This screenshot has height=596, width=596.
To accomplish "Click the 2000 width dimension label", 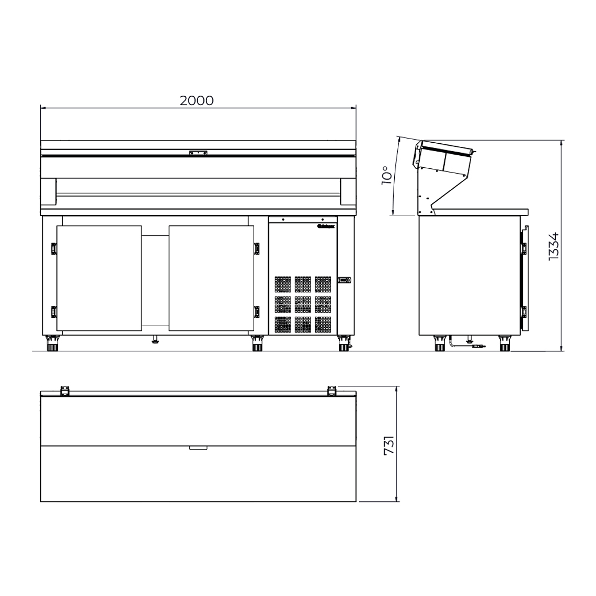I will tap(197, 100).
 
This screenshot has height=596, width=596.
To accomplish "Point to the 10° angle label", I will tap(387, 175).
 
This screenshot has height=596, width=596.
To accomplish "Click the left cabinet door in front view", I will tap(99, 278).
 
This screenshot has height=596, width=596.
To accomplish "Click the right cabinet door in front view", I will tap(211, 278).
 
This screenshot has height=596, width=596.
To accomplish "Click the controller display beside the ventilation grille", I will tap(345, 281).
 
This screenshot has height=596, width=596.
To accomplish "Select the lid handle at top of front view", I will tap(198, 153).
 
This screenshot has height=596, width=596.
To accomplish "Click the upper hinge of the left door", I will tap(53, 249).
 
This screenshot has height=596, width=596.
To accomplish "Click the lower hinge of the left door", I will tap(53, 312).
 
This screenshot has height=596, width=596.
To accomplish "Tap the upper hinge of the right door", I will tap(256, 249).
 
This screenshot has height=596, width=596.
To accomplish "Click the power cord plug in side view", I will tap(477, 346).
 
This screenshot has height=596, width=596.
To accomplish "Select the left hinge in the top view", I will tap(65, 391).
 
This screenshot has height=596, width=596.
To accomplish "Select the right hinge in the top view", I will tap(331, 391).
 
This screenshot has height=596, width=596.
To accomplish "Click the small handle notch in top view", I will tap(198, 448).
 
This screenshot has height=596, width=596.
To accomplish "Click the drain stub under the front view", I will tap(155, 340).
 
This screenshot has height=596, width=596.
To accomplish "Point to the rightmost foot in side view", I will tap(504, 344).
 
